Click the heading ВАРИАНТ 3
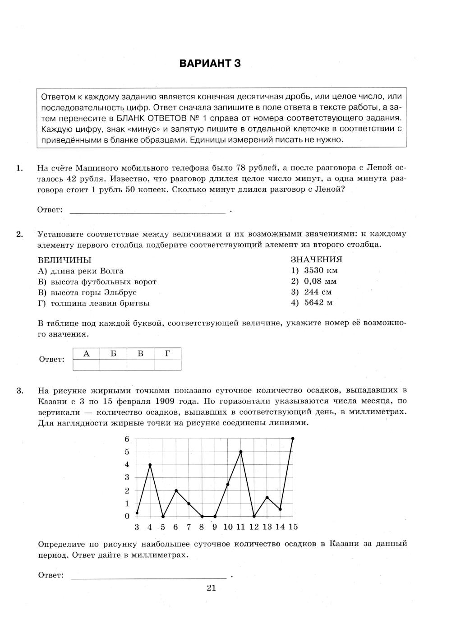pyautogui.click(x=210, y=64)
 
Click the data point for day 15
pyautogui.click(x=293, y=438)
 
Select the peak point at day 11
pyautogui.click(x=241, y=452)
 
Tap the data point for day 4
pyautogui.click(x=150, y=465)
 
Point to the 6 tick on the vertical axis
pyautogui.click(x=127, y=439)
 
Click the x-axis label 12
pyautogui.click(x=254, y=527)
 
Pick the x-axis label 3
pyautogui.click(x=137, y=527)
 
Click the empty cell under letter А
pyautogui.click(x=86, y=365)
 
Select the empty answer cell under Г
pyautogui.click(x=167, y=365)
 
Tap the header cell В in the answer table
pyautogui.click(x=140, y=354)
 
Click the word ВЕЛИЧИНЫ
pyautogui.click(x=64, y=260)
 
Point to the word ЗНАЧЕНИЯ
pyautogui.click(x=317, y=260)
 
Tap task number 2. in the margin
pyautogui.click(x=19, y=234)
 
